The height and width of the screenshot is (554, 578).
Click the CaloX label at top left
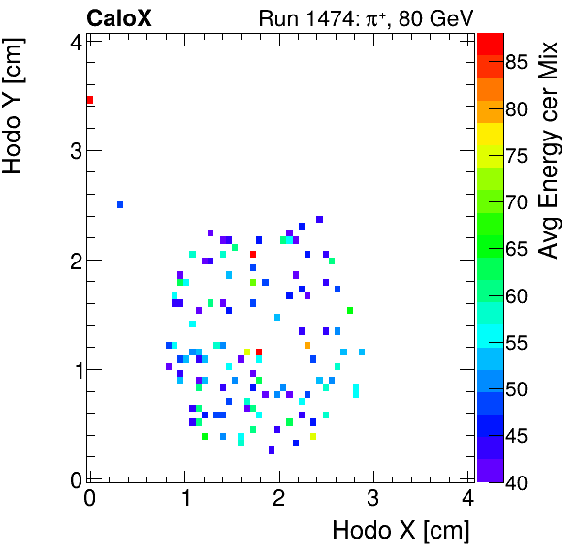click(119, 17)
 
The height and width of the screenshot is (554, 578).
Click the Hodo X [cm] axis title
click(401, 531)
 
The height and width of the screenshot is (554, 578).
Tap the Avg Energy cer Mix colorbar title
click(549, 150)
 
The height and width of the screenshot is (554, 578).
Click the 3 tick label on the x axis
click(373, 499)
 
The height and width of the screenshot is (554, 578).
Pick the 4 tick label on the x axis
click(467, 499)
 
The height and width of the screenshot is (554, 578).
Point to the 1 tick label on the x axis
click(184, 499)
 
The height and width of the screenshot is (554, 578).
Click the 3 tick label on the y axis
click(72, 151)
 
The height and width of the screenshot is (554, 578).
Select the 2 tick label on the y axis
click(72, 261)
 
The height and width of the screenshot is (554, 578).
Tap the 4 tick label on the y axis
click(72, 42)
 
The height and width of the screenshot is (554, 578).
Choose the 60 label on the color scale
click(516, 296)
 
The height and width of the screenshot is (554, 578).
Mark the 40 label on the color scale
click(516, 482)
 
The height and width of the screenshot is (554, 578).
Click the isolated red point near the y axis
click(89, 100)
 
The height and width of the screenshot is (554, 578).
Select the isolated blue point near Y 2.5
click(120, 204)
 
